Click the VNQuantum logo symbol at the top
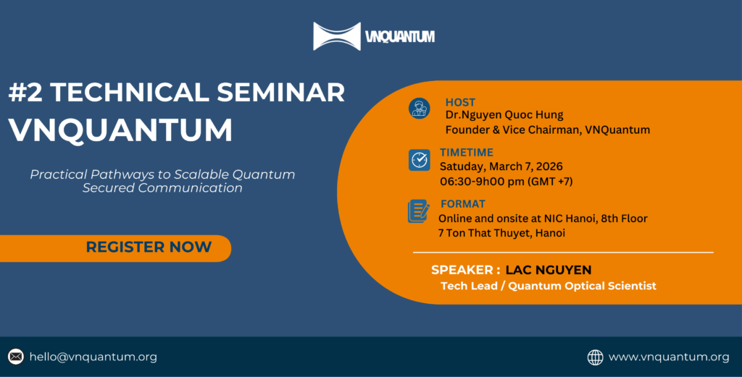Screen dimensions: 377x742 (x=337, y=36)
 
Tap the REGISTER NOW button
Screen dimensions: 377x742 (x=149, y=247)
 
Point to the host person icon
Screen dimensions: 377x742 (x=419, y=109)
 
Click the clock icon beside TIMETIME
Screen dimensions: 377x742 (x=419, y=160)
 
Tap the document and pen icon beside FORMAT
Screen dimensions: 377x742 (x=419, y=211)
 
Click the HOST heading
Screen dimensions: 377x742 (x=460, y=102)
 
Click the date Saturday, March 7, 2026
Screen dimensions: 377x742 (x=501, y=166)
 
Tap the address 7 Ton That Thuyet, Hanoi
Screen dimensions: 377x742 (x=501, y=233)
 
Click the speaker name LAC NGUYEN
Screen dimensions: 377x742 (x=549, y=270)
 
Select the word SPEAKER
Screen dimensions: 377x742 (x=461, y=270)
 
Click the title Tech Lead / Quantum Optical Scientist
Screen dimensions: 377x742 (x=548, y=286)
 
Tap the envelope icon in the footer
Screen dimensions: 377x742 (x=16, y=357)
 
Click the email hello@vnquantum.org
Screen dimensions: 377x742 (x=93, y=357)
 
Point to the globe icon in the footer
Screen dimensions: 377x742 (x=595, y=357)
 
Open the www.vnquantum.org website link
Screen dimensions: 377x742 (x=669, y=357)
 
